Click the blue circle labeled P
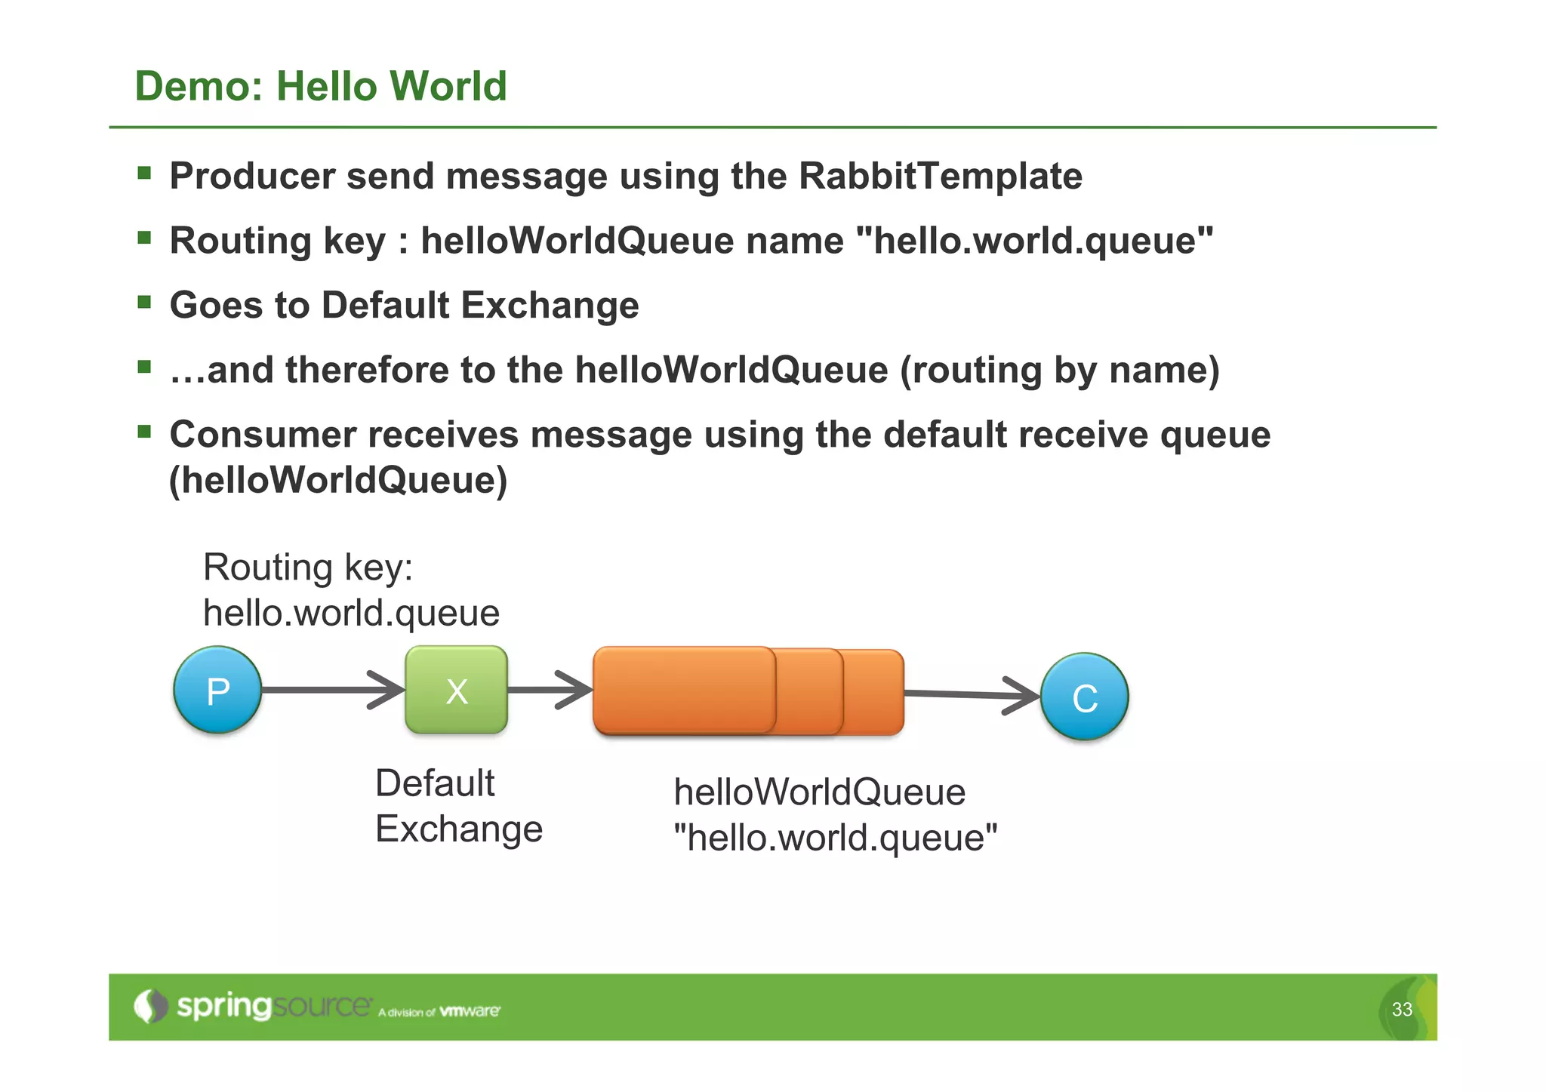217,690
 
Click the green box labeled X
456,690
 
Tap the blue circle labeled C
1084,697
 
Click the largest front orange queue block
683,690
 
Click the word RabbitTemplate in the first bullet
940,176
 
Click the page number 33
1402,1009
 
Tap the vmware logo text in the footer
470,1010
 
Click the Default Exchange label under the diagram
458,806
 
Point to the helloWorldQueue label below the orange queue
819,792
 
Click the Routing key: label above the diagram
308,568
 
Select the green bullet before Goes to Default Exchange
144,303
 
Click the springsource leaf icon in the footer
151,1006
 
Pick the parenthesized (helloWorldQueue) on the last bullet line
338,481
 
